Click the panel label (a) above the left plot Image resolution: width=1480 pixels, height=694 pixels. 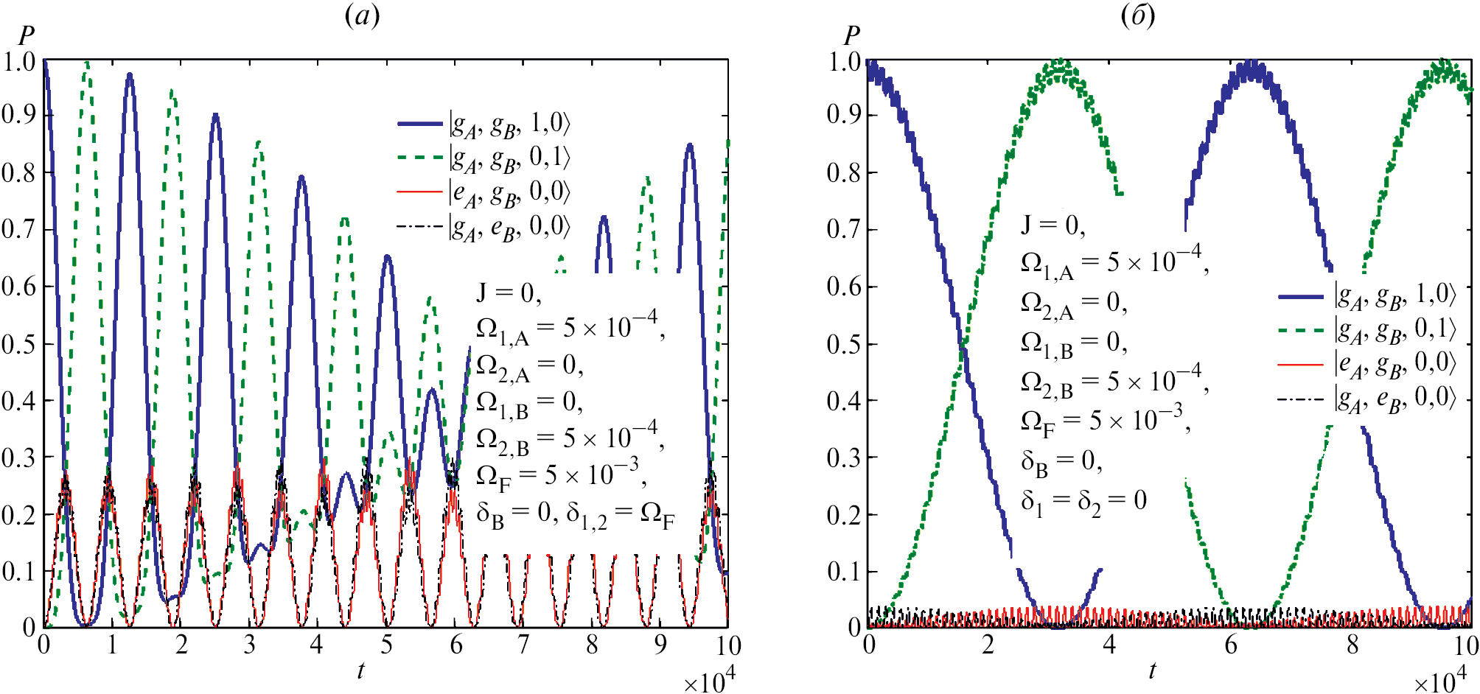click(362, 15)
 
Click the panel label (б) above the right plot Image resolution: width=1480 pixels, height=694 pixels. click(1137, 15)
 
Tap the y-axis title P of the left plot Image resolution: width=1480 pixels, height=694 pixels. click(26, 35)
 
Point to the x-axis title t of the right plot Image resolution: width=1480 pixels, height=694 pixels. click(1152, 670)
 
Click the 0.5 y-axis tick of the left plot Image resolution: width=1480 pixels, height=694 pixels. click(19, 344)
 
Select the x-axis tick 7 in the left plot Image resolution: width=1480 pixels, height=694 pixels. click(523, 645)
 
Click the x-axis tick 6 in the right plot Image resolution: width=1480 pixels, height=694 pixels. click(1230, 645)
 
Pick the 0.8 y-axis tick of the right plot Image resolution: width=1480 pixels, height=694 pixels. click(844, 173)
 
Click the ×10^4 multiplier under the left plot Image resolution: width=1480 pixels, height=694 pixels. click(709, 681)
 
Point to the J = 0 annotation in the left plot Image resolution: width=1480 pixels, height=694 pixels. click(509, 293)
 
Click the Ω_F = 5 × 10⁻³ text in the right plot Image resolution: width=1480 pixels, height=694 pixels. click(1103, 420)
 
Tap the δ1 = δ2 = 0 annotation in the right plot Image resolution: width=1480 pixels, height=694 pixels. click(1083, 501)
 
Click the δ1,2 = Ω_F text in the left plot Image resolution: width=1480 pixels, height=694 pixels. click(621, 514)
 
